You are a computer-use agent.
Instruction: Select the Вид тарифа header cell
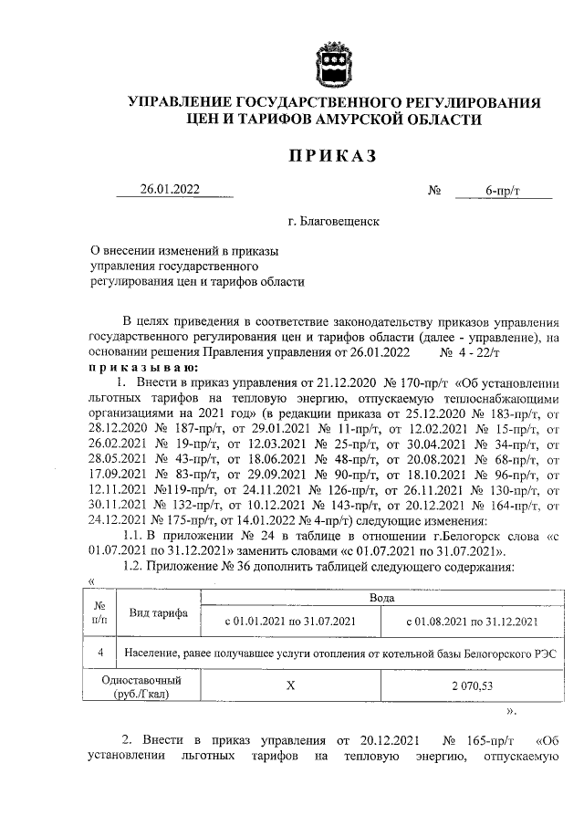158,612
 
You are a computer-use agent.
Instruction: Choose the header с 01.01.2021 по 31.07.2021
288,622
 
